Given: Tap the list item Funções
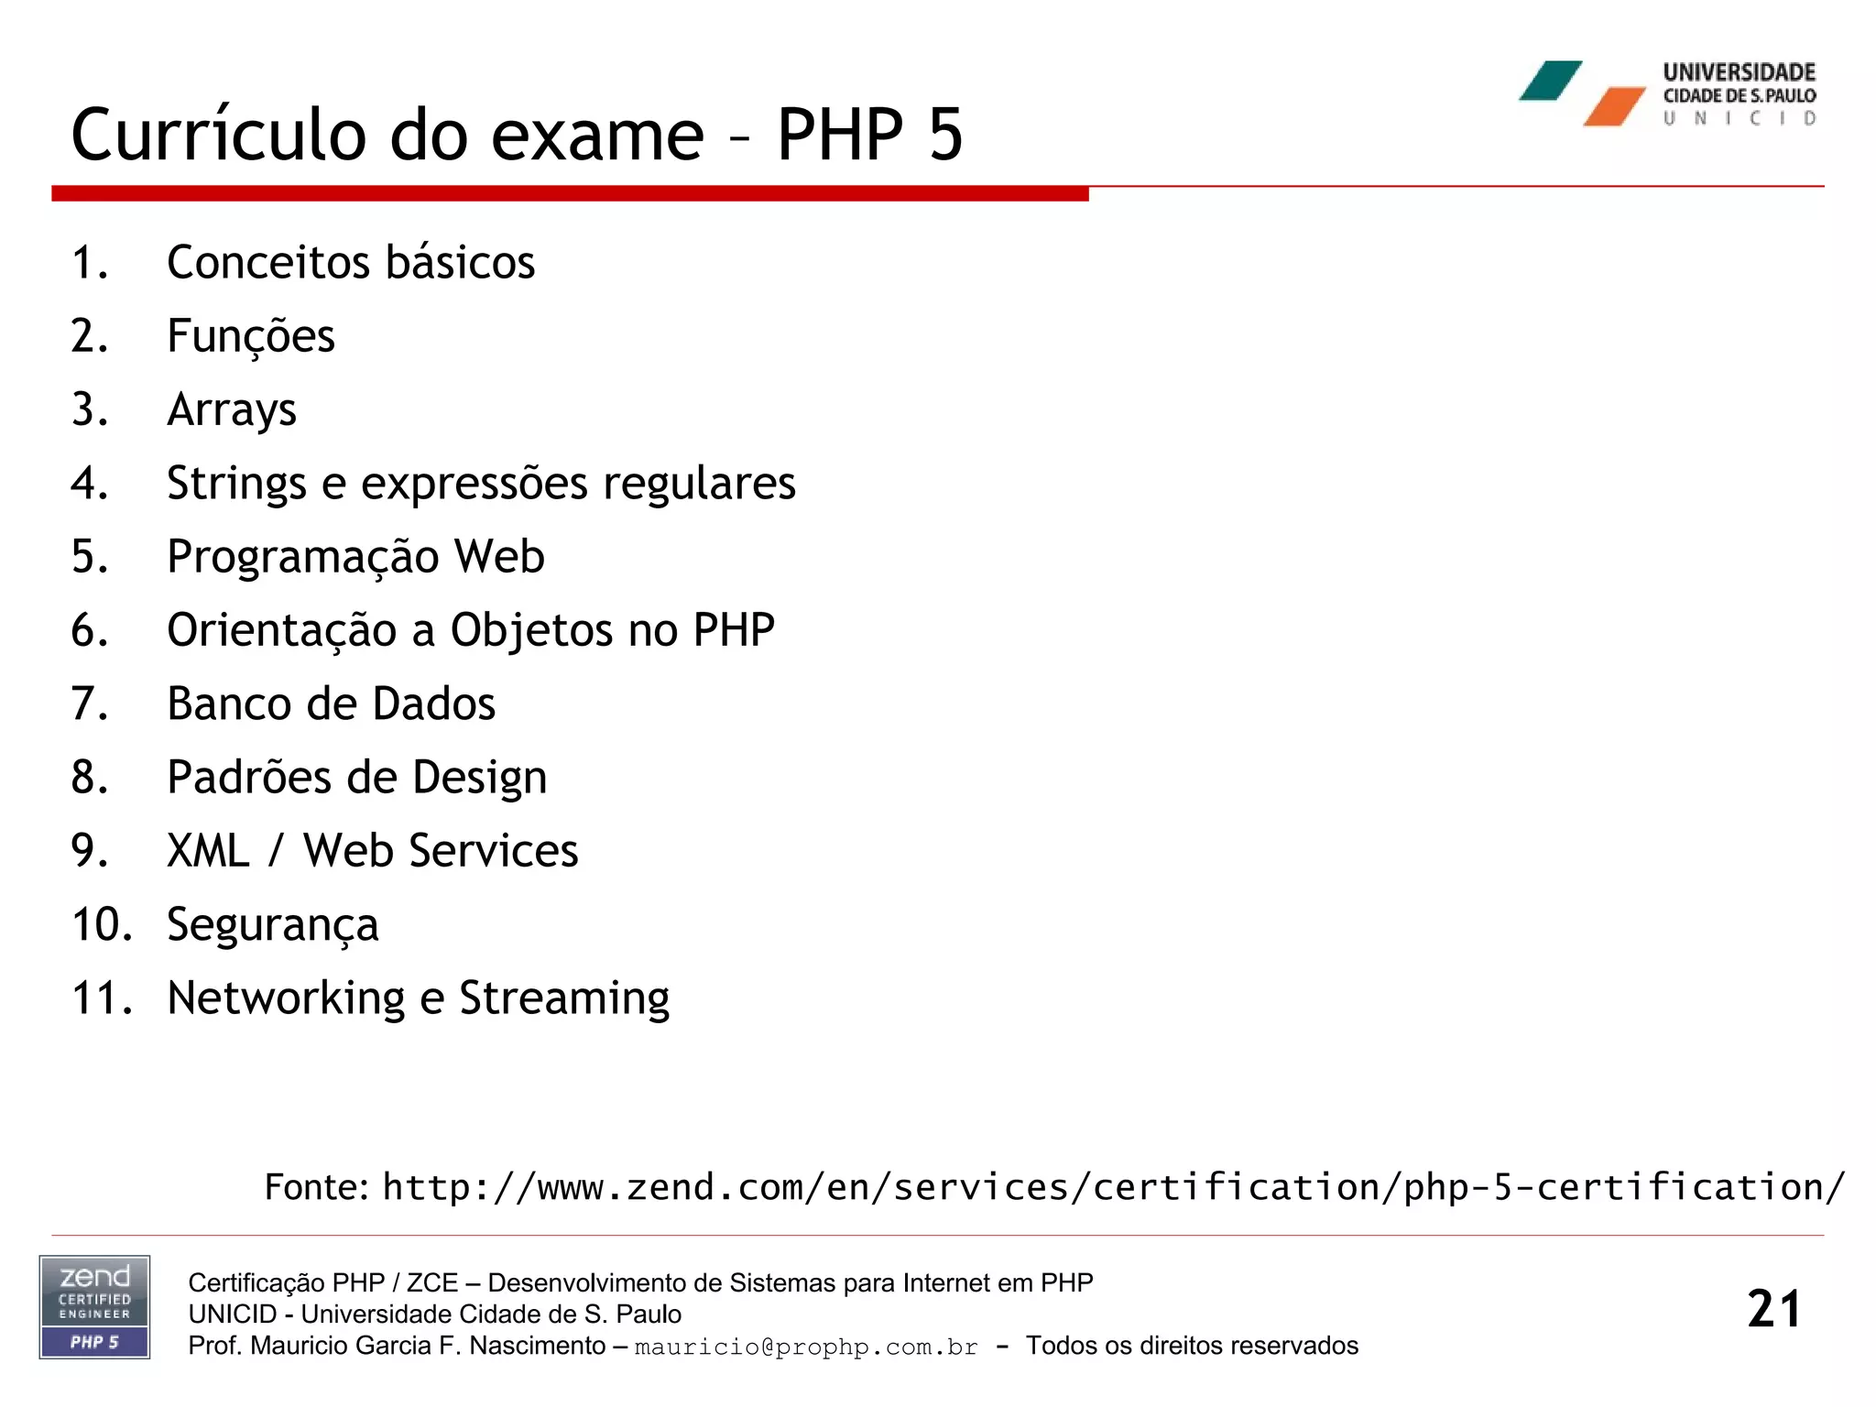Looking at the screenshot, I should (x=250, y=336).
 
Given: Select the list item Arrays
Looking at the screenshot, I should (x=232, y=410).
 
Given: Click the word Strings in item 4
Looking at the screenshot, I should (x=236, y=484).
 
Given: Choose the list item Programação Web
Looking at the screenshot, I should (x=355, y=557).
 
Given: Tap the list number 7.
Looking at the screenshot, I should (x=89, y=704).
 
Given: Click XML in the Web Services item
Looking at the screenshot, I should (x=208, y=851).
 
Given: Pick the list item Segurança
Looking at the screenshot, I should (x=272, y=925).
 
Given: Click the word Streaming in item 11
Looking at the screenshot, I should (x=564, y=998).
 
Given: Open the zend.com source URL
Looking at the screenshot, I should (x=1113, y=1187).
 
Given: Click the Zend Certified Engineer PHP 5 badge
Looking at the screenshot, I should (x=94, y=1307).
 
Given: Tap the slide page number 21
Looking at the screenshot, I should (x=1773, y=1309).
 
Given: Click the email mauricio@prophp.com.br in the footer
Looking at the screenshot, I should (x=806, y=1347).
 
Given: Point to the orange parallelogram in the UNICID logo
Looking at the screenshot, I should (x=1615, y=107).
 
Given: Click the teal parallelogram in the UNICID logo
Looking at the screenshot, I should (x=1551, y=81).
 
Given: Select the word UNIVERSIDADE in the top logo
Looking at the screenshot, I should (x=1739, y=72).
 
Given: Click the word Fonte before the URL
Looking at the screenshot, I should (x=316, y=1187).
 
